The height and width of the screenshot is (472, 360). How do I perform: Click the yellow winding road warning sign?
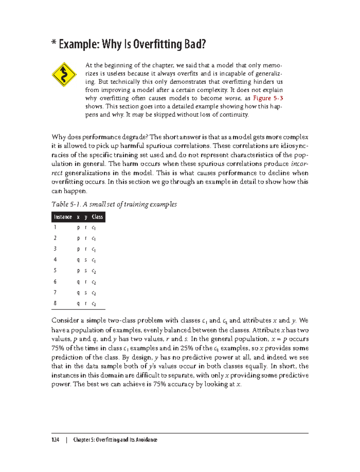64,75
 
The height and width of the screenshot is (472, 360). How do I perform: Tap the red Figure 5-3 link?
268,98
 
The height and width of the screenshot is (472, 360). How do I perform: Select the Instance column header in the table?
63,217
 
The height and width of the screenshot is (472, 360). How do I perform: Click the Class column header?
97,217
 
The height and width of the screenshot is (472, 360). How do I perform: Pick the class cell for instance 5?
94,271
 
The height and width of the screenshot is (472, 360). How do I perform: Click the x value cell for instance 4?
78,260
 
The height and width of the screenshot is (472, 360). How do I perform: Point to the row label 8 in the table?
55,303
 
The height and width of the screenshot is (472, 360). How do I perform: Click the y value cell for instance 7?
85,293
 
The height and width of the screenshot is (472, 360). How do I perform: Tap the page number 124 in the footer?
55,440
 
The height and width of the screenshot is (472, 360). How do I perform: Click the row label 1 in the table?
55,227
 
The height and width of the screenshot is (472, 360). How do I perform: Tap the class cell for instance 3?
94,249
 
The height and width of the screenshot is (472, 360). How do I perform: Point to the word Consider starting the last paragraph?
65,321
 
